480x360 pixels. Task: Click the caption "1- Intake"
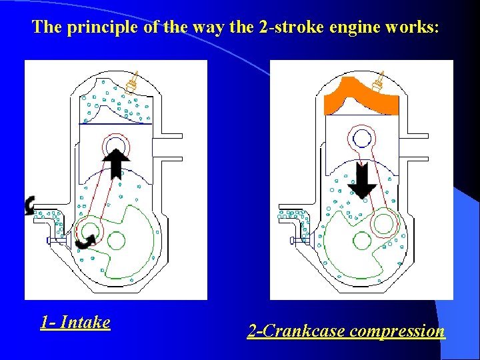(75, 323)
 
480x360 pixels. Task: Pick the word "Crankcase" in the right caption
(303, 331)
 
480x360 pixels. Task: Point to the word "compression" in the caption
(397, 331)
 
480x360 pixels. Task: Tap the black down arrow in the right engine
(362, 181)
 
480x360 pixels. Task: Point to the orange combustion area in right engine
(361, 97)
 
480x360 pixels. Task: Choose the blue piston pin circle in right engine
(362, 138)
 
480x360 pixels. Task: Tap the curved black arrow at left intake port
(30, 205)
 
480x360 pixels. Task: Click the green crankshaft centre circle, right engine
(363, 241)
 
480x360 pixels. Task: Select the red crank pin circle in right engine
(386, 223)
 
